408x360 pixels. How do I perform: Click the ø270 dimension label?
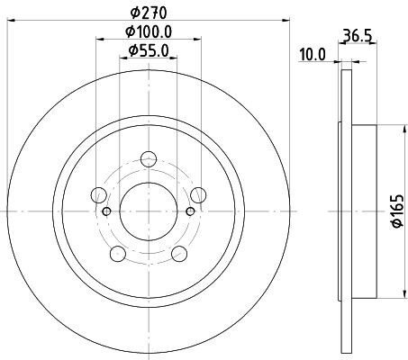click(149, 13)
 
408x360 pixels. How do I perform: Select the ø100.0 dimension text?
click(149, 31)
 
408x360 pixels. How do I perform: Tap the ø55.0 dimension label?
click(149, 50)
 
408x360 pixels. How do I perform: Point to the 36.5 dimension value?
click(358, 36)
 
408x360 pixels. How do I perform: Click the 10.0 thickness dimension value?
click(313, 55)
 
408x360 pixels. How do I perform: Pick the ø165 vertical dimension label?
click(399, 211)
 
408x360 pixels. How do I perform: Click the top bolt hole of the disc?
click(149, 159)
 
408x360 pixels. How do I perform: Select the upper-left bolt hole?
click(99, 195)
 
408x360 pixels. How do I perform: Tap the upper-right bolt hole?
click(198, 195)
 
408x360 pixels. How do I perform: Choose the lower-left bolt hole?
click(118, 254)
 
